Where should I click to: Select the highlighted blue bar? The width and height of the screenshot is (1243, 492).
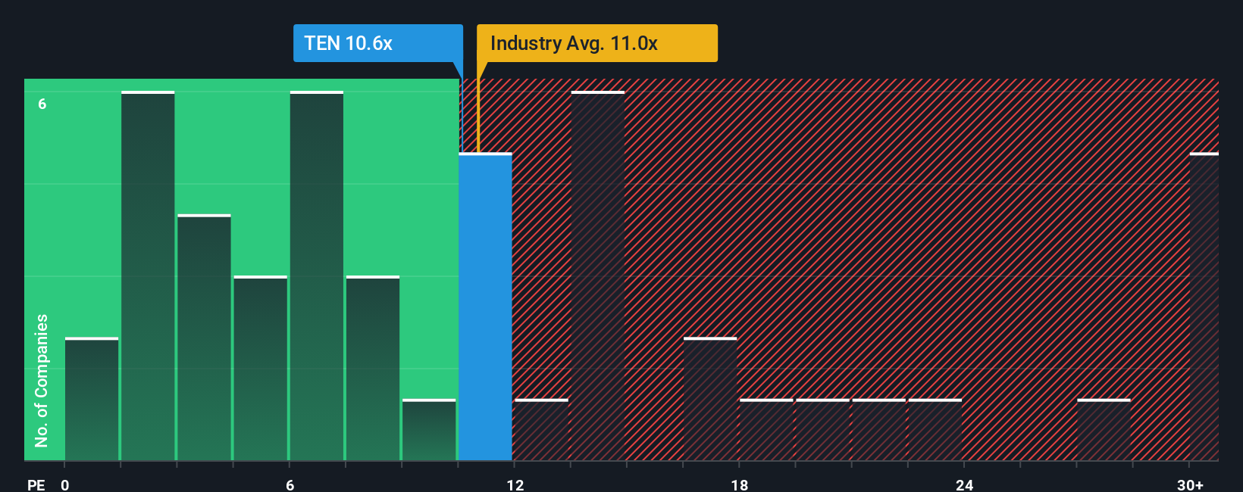click(x=485, y=307)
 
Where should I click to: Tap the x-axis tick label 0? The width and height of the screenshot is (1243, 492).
click(x=65, y=484)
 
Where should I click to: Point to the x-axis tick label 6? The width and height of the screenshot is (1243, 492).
click(x=290, y=484)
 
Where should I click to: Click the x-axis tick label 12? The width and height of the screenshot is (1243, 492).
click(x=515, y=484)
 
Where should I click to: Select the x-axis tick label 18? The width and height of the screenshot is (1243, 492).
click(x=740, y=484)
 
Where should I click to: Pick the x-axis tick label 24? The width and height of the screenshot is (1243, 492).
click(x=964, y=484)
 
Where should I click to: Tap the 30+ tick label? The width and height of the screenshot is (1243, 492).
click(x=1190, y=484)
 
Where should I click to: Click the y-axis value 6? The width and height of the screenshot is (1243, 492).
click(x=42, y=104)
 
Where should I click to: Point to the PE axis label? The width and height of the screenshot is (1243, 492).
click(x=36, y=484)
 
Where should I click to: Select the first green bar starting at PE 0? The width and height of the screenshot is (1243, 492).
click(x=92, y=399)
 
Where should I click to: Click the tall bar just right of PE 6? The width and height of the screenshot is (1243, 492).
click(x=317, y=276)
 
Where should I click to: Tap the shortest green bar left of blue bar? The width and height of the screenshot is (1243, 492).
click(x=429, y=430)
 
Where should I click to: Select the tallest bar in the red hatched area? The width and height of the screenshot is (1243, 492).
click(x=598, y=276)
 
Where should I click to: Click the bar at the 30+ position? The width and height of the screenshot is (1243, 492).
click(x=1204, y=307)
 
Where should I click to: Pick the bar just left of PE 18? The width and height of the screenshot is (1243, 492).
click(x=710, y=399)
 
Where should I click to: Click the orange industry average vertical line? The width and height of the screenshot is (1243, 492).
click(x=478, y=114)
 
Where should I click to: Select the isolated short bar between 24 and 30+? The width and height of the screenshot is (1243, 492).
click(x=1104, y=430)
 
